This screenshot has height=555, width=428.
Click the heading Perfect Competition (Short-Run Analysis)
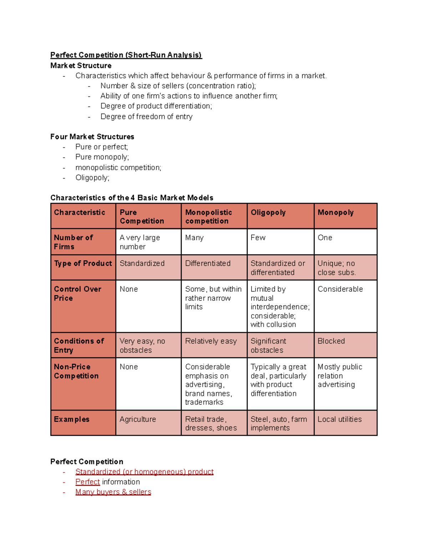tap(126, 55)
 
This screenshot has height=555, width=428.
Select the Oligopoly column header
tap(268, 213)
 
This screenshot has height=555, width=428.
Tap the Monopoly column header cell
tap(335, 213)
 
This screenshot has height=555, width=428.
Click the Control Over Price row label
tap(78, 293)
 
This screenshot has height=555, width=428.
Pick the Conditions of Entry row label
tap(79, 346)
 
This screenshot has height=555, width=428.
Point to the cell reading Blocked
tap(331, 341)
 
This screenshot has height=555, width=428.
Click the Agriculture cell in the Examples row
tap(138, 419)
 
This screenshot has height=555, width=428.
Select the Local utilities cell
tap(340, 419)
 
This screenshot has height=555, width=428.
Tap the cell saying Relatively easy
tap(211, 341)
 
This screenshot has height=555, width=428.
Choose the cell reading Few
tap(258, 238)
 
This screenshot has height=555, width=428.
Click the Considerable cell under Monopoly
tap(340, 289)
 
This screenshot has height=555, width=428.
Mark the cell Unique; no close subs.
tap(336, 268)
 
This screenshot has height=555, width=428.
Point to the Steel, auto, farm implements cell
tap(279, 423)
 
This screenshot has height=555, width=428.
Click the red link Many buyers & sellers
tap(113, 492)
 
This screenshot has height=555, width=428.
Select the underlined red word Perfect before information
tap(87, 482)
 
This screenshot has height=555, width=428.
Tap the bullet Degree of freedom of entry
tap(146, 117)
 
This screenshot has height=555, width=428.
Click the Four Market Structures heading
tap(92, 137)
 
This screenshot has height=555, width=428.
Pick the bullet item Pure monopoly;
tap(102, 157)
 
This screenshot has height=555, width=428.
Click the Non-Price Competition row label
tap(76, 371)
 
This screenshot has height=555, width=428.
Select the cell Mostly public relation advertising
tap(340, 376)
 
